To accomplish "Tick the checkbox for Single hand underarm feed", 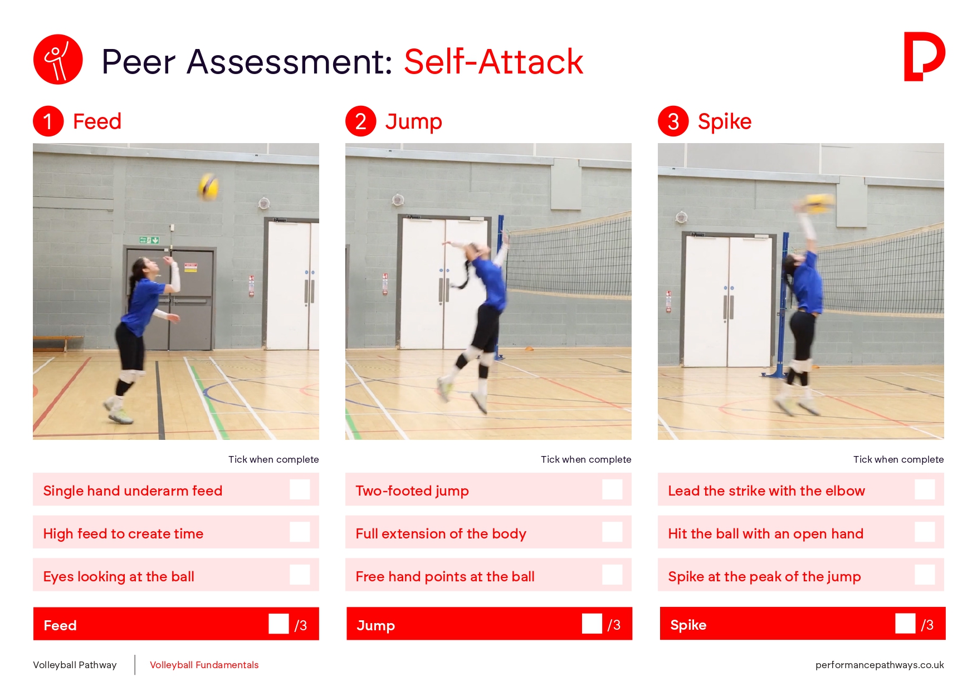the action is coord(300,489).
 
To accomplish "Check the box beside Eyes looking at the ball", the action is coord(300,575).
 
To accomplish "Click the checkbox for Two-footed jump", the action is coord(612,489).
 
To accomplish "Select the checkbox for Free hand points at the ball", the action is coord(612,575).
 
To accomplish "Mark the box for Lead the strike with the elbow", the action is coord(925,489).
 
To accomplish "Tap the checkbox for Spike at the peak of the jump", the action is coord(925,575).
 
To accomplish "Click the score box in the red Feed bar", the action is coord(279,624).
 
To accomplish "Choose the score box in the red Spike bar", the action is coord(905,624).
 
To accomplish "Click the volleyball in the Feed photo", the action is coord(209,187).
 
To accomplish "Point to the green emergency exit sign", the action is coord(149,240).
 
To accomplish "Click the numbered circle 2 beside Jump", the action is coord(361,121).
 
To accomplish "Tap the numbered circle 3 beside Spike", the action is coord(673,121).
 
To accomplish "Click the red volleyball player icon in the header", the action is coord(58,60).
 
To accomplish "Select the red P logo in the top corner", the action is coord(924,57).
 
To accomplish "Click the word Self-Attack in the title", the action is coord(494,61).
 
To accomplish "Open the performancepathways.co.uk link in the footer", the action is coord(880,665).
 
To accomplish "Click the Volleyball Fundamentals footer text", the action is coord(204,665).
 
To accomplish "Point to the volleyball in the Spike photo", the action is coord(819,203).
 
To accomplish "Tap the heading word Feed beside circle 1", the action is coord(97,121).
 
